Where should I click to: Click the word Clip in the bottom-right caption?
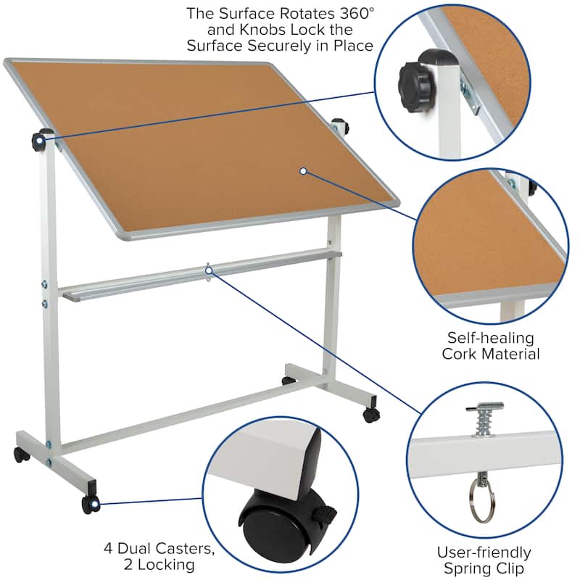pyautogui.click(x=507, y=570)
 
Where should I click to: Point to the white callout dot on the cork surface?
pyautogui.click(x=303, y=171)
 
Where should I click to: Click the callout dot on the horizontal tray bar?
pyautogui.click(x=208, y=270)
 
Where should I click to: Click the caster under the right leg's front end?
pyautogui.click(x=371, y=415)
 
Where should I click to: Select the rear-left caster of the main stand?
pyautogui.click(x=21, y=455)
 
